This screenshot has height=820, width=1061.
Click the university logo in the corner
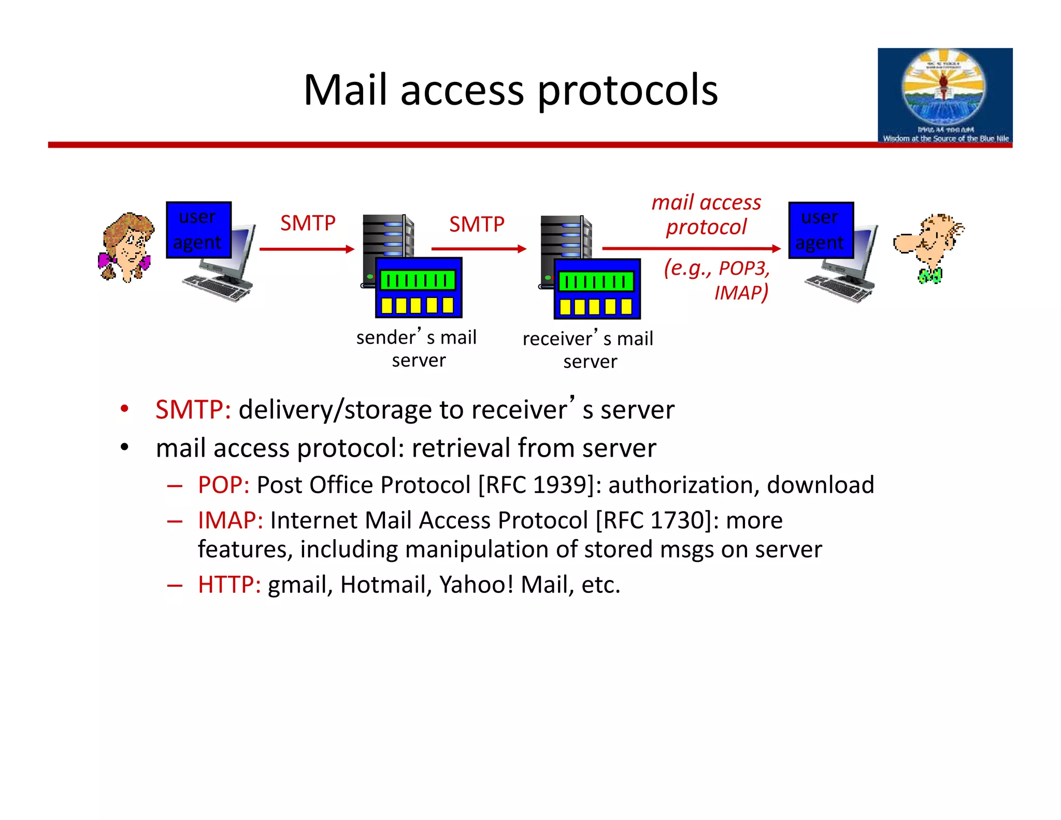tap(944, 95)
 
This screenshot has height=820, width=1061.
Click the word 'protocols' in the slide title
tap(627, 91)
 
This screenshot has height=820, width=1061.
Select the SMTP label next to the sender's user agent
tap(308, 223)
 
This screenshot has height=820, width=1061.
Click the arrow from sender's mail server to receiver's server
tap(478, 249)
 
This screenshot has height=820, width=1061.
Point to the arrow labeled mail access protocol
tap(691, 249)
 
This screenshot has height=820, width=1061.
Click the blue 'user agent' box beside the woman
tap(198, 230)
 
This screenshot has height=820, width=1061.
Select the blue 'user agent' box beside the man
tap(821, 230)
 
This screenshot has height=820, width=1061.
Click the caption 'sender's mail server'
tap(417, 348)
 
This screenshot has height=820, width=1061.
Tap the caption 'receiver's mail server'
tap(589, 350)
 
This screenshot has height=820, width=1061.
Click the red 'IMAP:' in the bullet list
tap(230, 520)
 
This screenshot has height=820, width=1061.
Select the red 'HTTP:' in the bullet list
tap(229, 585)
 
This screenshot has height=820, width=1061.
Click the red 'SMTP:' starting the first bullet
tap(193, 410)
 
